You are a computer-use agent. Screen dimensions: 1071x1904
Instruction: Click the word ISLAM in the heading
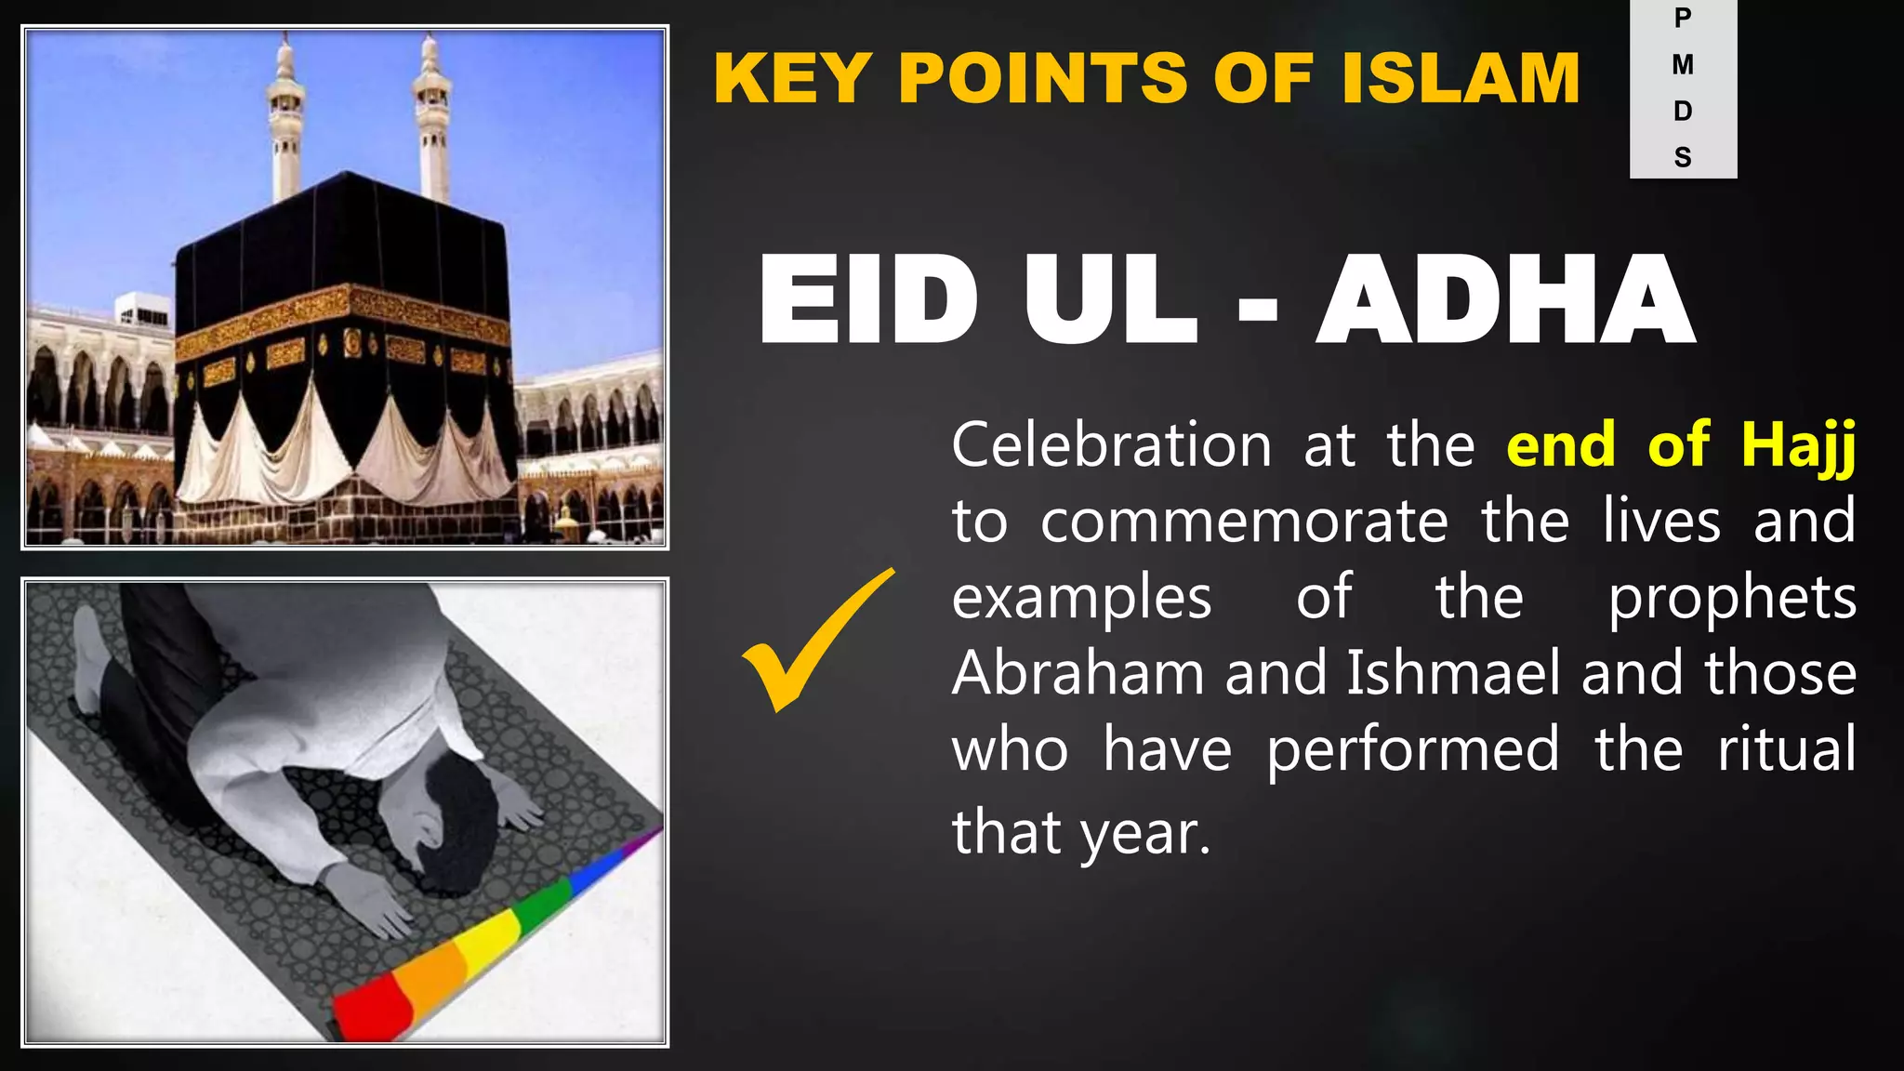(1461, 78)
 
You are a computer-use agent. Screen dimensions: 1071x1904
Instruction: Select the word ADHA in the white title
(1505, 301)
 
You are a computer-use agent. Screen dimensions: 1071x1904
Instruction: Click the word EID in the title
(868, 301)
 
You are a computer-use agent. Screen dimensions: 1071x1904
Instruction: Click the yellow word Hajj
(1798, 445)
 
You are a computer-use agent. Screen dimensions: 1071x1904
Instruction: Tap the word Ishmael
(1453, 673)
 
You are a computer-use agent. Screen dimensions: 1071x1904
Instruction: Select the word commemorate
(1244, 522)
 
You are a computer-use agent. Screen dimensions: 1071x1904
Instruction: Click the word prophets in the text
(1732, 598)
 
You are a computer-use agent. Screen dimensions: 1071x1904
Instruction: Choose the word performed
(1413, 750)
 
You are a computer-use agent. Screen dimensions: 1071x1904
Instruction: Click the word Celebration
(1112, 445)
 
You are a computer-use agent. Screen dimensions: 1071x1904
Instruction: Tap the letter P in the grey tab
(1683, 18)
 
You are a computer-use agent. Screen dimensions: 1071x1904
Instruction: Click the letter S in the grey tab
(1683, 157)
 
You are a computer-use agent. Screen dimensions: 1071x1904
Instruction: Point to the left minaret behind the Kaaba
(285, 121)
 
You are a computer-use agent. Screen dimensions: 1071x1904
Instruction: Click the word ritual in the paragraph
(1786, 750)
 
